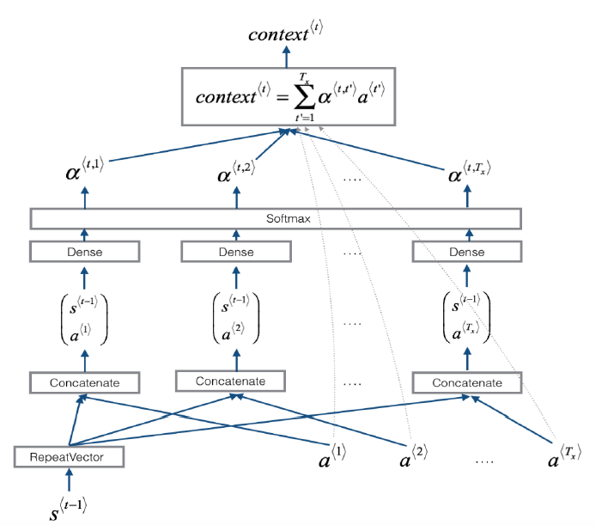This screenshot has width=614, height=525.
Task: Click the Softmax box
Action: pyautogui.click(x=276, y=218)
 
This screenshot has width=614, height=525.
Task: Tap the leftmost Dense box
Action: pyautogui.click(x=84, y=252)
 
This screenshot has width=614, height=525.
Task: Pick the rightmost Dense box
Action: pyautogui.click(x=467, y=252)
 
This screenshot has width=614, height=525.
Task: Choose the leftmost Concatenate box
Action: pyautogui.click(x=84, y=382)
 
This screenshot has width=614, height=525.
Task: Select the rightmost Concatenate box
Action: pyautogui.click(x=468, y=382)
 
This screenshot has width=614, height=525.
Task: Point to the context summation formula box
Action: pyautogui.click(x=286, y=95)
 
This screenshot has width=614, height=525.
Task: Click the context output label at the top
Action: pyautogui.click(x=285, y=34)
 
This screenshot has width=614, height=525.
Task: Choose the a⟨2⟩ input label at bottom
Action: pyautogui.click(x=416, y=458)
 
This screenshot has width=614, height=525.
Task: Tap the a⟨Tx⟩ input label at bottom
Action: pyautogui.click(x=563, y=458)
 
